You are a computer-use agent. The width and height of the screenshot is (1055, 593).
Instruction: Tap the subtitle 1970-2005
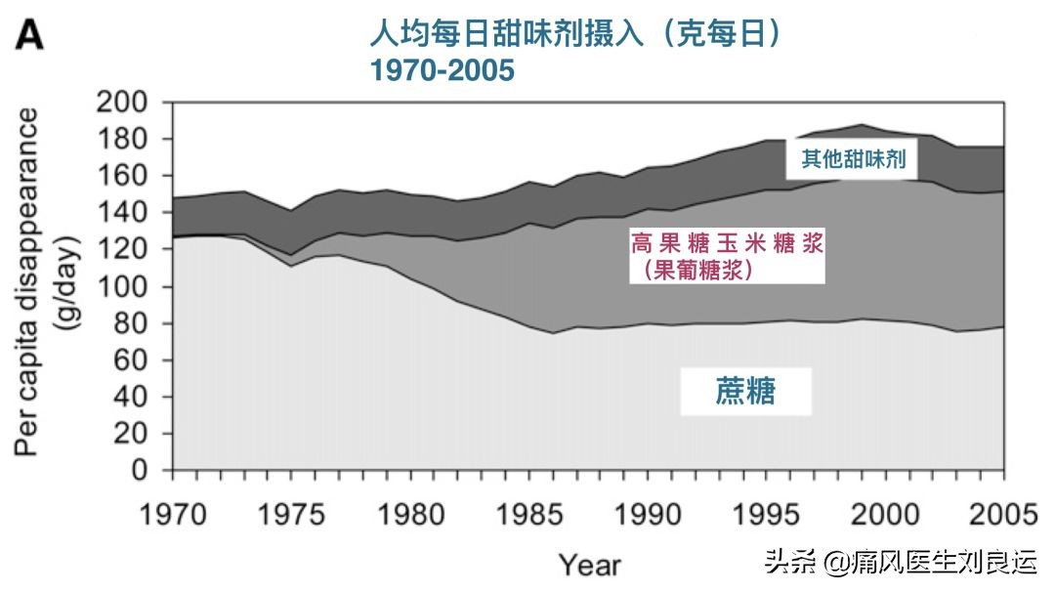[442, 70]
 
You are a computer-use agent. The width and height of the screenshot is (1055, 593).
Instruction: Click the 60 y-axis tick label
[134, 360]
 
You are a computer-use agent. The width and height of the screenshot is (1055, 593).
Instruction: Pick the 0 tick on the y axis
[145, 471]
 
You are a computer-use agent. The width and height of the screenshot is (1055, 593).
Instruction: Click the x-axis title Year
[589, 565]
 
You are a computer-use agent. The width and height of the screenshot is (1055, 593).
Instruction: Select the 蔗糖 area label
[745, 393]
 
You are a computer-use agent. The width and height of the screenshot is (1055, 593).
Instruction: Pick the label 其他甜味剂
[853, 158]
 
